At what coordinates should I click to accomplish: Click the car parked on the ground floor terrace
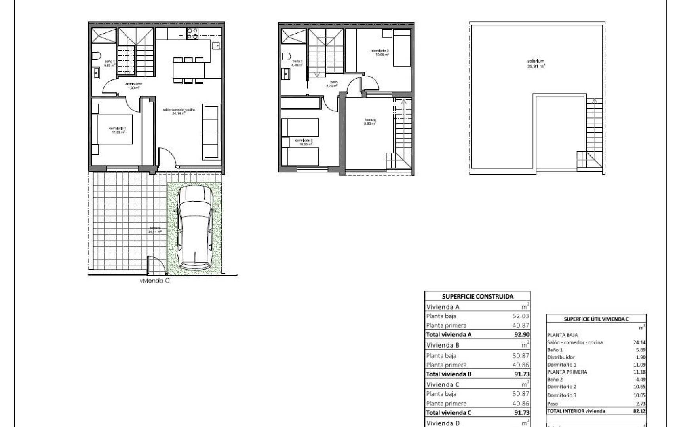point(194,228)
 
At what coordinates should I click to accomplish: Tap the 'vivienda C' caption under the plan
point(155,281)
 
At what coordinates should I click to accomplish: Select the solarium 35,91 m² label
point(536,64)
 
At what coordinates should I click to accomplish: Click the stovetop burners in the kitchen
point(192,34)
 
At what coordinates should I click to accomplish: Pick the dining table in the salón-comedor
point(189,71)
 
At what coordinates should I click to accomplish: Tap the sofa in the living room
point(211,132)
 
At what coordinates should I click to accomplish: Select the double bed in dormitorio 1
point(112,129)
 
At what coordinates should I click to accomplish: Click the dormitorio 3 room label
point(380,53)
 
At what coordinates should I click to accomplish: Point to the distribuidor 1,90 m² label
point(133,86)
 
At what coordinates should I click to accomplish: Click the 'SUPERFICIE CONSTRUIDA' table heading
point(477,296)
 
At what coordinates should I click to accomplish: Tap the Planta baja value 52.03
point(521,316)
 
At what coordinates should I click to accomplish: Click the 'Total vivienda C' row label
point(449,413)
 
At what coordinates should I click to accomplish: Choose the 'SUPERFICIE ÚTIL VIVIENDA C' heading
point(596,319)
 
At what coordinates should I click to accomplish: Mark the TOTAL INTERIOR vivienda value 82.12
point(639,411)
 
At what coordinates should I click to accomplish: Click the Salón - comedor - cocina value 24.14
point(639,343)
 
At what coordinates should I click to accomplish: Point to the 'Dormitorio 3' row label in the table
point(562,395)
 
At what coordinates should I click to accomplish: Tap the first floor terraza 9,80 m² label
point(370,121)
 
